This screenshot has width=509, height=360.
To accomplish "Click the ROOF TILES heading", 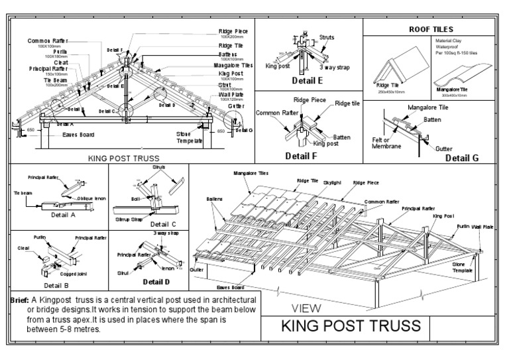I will pyautogui.click(x=431, y=29).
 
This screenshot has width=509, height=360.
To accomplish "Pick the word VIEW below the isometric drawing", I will pyautogui.click(x=307, y=308).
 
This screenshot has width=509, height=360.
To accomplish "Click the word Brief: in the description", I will pyautogui.click(x=19, y=300).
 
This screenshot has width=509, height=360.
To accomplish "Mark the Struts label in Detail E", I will pyautogui.click(x=327, y=37).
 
